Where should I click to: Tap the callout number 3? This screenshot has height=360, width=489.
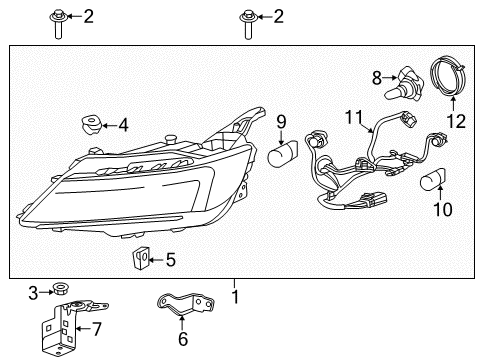point(33,292)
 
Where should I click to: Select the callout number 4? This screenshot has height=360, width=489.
point(123,126)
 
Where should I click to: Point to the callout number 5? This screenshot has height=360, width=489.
point(170,260)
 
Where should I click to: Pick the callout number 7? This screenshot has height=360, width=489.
point(96,327)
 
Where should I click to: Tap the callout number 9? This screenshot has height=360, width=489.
point(281,124)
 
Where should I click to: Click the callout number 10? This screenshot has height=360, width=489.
point(444,210)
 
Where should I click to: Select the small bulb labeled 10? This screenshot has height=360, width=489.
point(437,180)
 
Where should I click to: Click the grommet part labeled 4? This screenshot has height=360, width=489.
point(88,126)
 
